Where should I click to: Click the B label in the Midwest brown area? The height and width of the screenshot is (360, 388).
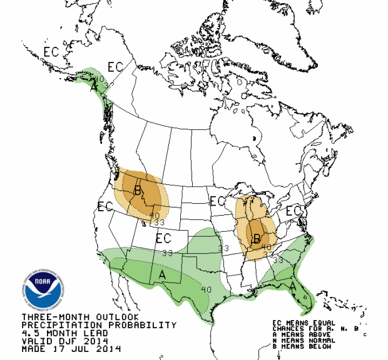pyautogui.click(x=256, y=238)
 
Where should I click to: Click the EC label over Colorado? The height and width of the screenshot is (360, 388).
pyautogui.click(x=163, y=238)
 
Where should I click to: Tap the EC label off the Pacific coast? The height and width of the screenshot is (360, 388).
pyautogui.click(x=105, y=207)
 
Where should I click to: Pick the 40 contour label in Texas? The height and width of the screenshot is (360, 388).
pyautogui.click(x=207, y=288)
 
